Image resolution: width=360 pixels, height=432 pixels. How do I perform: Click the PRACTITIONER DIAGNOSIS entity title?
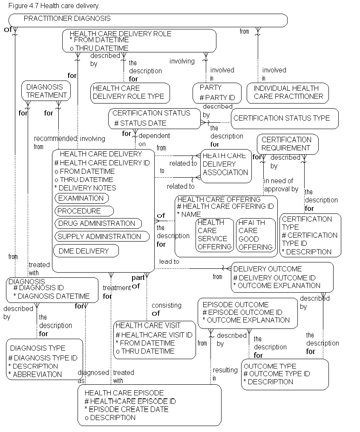(x=67, y=19)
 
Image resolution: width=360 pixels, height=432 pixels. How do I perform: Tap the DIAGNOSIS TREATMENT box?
(x=46, y=91)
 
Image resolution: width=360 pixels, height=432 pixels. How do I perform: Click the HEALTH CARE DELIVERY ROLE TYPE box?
(x=130, y=92)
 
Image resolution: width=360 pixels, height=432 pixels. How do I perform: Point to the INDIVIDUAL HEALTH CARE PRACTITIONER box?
(x=288, y=92)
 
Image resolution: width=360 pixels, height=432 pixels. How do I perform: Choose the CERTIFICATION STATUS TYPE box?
(x=285, y=118)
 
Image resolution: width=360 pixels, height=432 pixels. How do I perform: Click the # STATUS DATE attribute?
(x=140, y=124)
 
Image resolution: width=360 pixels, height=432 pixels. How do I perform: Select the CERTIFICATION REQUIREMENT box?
(x=287, y=144)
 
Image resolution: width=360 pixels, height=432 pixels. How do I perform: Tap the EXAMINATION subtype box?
(x=81, y=198)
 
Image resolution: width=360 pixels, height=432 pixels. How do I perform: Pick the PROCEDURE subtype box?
(x=84, y=211)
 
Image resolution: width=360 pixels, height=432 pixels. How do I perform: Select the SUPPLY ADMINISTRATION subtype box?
(x=101, y=236)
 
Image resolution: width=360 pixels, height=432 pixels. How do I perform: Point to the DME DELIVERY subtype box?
(x=86, y=251)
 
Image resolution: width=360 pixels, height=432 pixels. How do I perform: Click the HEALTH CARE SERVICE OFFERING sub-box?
(x=214, y=235)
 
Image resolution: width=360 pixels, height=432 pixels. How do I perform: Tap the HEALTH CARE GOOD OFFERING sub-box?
(x=255, y=235)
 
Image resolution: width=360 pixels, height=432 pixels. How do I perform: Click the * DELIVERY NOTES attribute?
(x=85, y=188)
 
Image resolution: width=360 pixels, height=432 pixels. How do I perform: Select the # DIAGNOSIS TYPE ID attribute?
(x=43, y=358)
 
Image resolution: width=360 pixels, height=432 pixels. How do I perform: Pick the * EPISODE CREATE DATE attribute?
(x=127, y=409)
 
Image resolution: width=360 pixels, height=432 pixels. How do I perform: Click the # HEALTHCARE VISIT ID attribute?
(x=154, y=335)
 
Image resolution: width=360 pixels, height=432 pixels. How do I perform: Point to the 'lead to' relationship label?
(x=169, y=261)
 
